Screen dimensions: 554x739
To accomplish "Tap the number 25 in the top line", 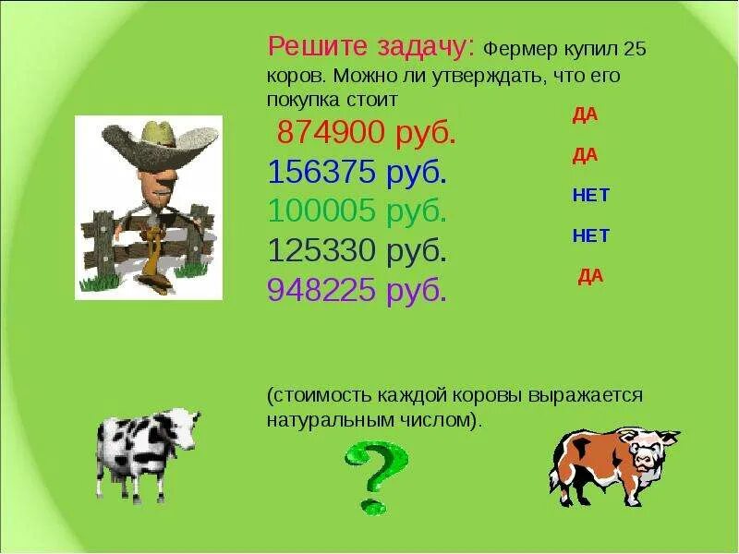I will (635, 49).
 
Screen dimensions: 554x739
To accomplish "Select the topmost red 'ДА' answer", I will (586, 114).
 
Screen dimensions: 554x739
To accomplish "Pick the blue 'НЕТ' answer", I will (590, 196).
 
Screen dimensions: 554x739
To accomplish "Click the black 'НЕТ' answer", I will (590, 235).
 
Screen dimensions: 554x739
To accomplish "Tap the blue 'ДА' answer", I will (586, 155).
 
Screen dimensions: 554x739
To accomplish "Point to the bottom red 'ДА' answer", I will (590, 276).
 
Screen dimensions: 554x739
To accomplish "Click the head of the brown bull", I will (648, 449).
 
